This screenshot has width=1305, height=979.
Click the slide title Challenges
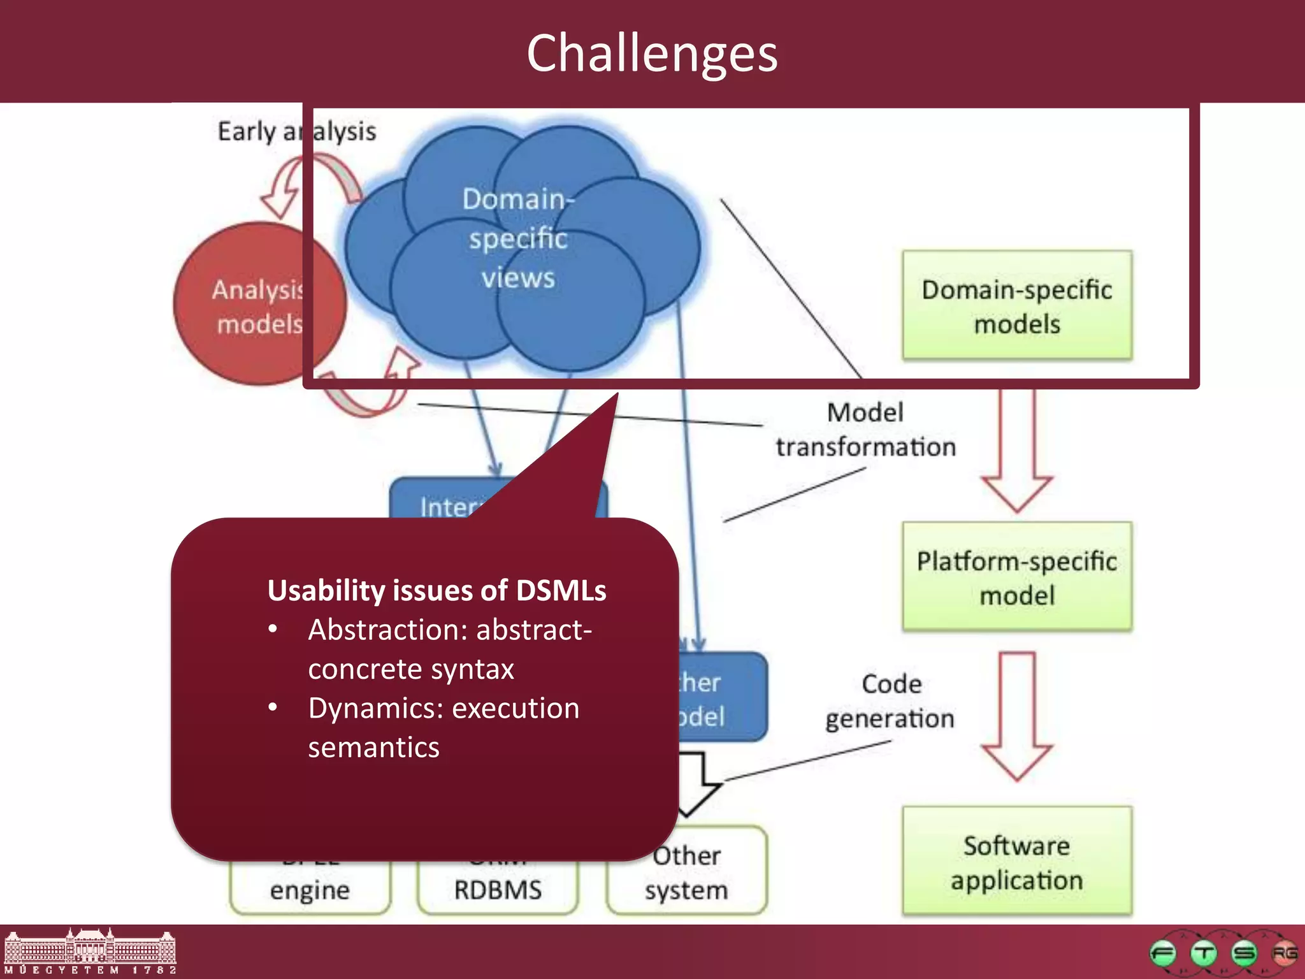pyautogui.click(x=652, y=53)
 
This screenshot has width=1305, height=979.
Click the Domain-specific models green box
pyautogui.click(x=1017, y=306)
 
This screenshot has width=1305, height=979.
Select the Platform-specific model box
pyautogui.click(x=1017, y=577)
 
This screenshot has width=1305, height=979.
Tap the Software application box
pyautogui.click(x=1017, y=862)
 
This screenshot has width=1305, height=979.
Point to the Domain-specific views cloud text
pyautogui.click(x=518, y=238)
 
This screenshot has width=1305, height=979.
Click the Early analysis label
pyautogui.click(x=297, y=131)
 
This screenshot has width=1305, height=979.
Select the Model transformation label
pyautogui.click(x=865, y=430)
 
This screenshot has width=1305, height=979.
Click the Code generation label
pyautogui.click(x=890, y=701)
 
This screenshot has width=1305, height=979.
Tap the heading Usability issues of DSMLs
pyautogui.click(x=436, y=590)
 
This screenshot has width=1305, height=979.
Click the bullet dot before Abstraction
pyautogui.click(x=273, y=629)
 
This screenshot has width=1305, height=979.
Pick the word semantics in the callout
pyautogui.click(x=374, y=748)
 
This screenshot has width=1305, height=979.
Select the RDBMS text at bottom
pyautogui.click(x=498, y=890)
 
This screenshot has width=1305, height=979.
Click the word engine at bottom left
pyautogui.click(x=310, y=890)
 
